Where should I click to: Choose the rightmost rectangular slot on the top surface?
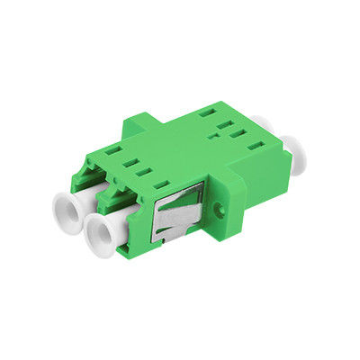coord(238,133)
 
